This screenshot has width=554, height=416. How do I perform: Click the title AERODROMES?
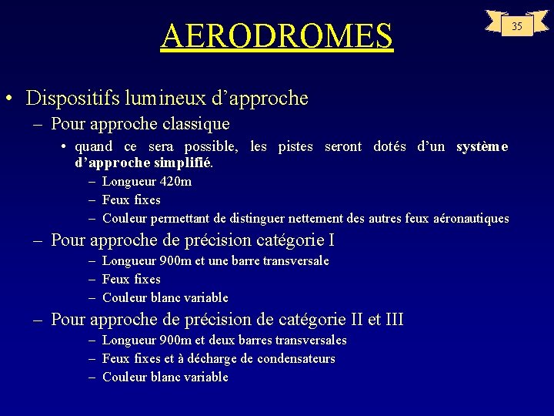(x=277, y=35)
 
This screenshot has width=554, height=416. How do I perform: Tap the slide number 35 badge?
(x=517, y=26)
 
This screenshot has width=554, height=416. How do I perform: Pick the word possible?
(x=212, y=146)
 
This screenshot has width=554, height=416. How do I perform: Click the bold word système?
(x=482, y=146)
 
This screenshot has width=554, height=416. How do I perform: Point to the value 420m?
(x=175, y=182)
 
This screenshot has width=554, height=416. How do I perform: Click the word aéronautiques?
(x=472, y=218)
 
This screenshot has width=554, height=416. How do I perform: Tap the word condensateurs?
(x=296, y=358)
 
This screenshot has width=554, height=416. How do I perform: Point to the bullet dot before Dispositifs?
(x=7, y=99)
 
